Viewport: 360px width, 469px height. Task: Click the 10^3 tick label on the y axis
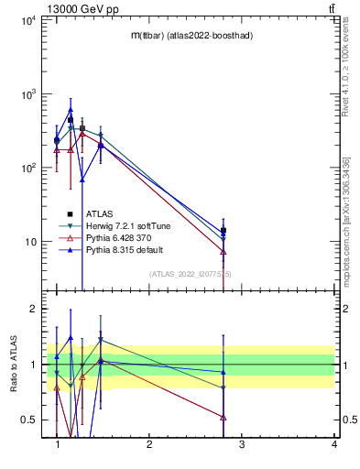pyautogui.click(x=28, y=94)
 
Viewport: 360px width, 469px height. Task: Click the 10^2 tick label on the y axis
pyautogui.click(x=28, y=169)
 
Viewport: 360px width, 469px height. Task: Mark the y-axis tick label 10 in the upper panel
pyautogui.click(x=31, y=243)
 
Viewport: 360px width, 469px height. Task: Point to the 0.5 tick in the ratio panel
pyautogui.click(x=28, y=420)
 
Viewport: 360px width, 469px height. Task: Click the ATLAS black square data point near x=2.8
pyautogui.click(x=224, y=231)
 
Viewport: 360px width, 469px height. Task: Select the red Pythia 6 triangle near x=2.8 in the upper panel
pyautogui.click(x=224, y=252)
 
